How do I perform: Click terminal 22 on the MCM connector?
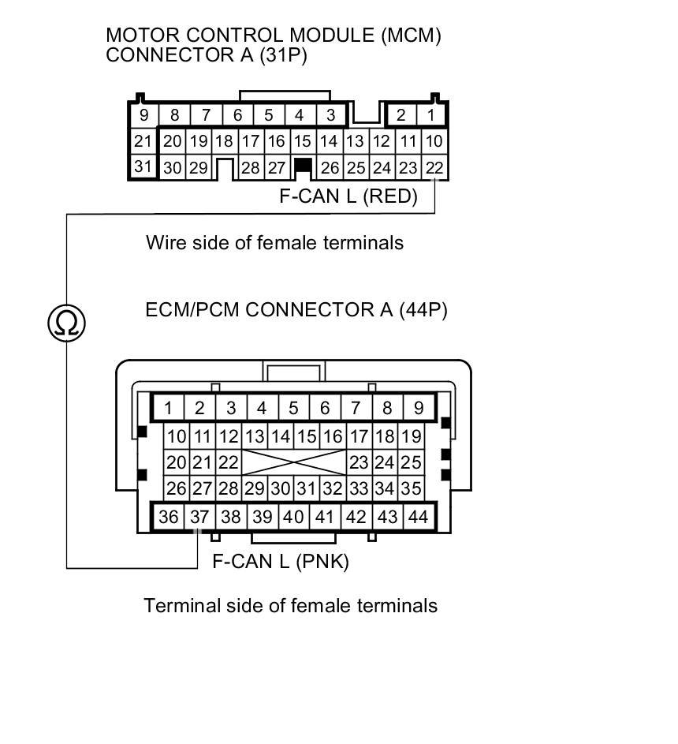coord(434,167)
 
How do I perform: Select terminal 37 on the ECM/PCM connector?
coord(199,517)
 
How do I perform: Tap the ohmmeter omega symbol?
coord(66,323)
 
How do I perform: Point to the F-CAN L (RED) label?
coord(348,196)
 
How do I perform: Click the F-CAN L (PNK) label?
coord(281,562)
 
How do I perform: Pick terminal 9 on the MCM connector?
coord(143,115)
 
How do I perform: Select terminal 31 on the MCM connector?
coord(143,167)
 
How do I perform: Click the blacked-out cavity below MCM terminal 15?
coord(302,166)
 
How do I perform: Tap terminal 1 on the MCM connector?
coord(431,115)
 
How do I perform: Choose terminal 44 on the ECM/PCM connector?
coord(419,517)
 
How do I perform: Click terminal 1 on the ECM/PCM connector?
coord(169,408)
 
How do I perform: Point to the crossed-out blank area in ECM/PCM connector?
coord(293,462)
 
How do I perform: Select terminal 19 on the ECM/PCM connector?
coord(411,436)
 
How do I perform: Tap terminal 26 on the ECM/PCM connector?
coord(177,488)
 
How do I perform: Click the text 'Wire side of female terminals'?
coord(274,242)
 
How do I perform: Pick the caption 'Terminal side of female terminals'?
coord(290,605)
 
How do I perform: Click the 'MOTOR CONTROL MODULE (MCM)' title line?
coord(274,36)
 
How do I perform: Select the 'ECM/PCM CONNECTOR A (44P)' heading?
coord(296,309)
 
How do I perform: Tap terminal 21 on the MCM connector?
coord(143,142)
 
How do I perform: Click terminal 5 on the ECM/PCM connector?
coord(293,408)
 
